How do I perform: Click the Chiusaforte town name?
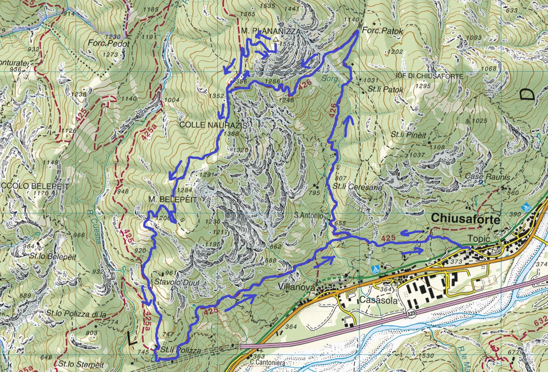[x=465, y=219]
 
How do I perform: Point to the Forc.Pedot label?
[x=109, y=44]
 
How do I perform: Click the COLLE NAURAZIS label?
[x=213, y=125]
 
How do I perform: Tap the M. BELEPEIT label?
[x=172, y=199]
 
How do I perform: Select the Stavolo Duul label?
[x=176, y=282]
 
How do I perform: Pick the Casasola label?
[x=378, y=300]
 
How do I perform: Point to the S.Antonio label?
[x=309, y=216]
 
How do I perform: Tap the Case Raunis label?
[x=487, y=177]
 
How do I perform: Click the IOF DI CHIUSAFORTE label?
[x=429, y=76]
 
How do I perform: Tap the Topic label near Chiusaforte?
[x=479, y=238]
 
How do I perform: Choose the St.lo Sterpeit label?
[x=81, y=364]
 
